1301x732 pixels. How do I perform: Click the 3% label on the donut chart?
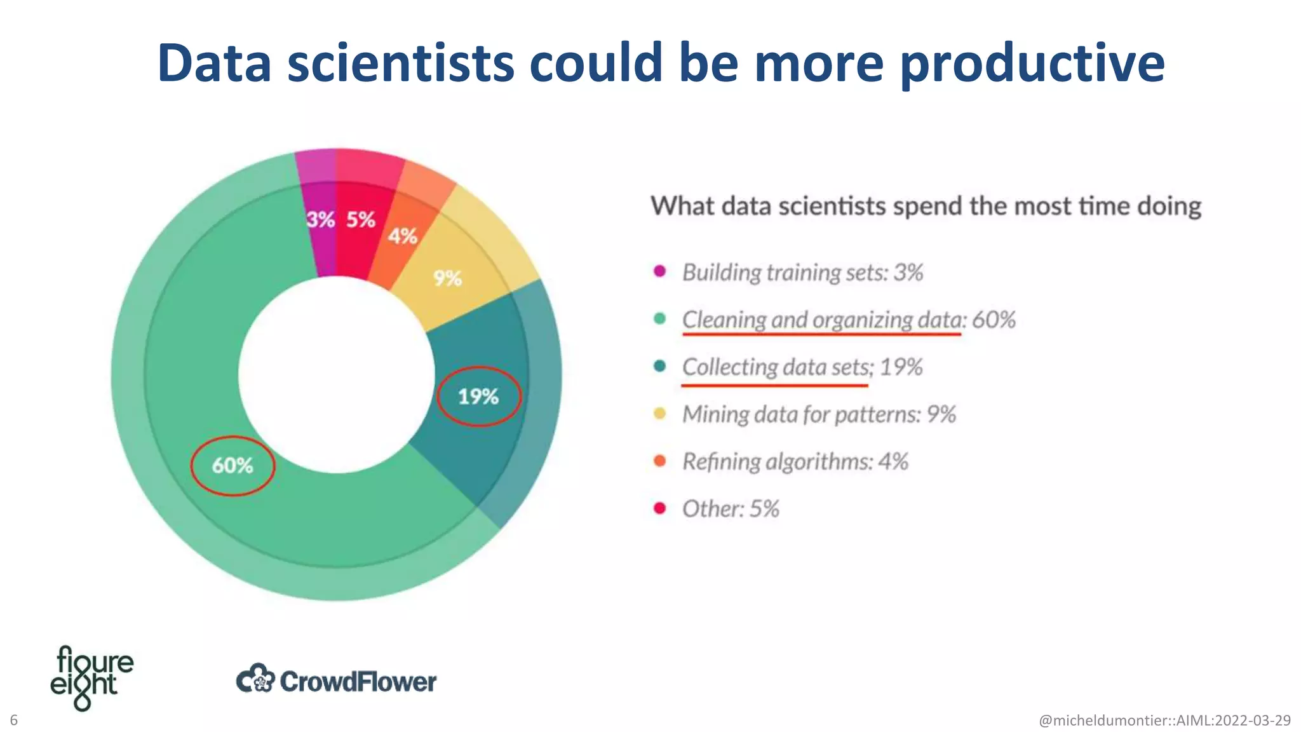pos(320,220)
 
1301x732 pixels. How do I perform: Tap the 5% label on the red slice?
pos(361,220)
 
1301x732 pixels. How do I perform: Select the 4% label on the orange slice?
pos(403,236)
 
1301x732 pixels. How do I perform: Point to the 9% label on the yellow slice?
pos(447,278)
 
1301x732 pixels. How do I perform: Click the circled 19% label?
pos(478,396)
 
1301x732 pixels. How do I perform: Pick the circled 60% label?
pos(233,466)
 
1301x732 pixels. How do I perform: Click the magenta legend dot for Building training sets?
pos(660,271)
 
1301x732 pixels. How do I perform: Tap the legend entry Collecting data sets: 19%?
pos(802,367)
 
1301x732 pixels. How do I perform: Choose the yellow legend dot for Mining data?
pos(660,414)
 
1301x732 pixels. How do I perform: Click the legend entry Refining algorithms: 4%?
pos(795,461)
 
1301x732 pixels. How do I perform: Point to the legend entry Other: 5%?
pos(731,508)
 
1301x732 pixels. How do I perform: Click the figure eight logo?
pos(91,677)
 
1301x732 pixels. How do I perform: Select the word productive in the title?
pos(1032,64)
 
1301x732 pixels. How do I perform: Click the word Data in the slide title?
pos(215,64)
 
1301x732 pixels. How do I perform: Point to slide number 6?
pos(14,720)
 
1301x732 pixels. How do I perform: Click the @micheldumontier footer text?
pos(1164,721)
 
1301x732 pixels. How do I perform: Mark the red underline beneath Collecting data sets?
pos(774,385)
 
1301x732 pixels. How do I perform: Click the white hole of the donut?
pos(337,375)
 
